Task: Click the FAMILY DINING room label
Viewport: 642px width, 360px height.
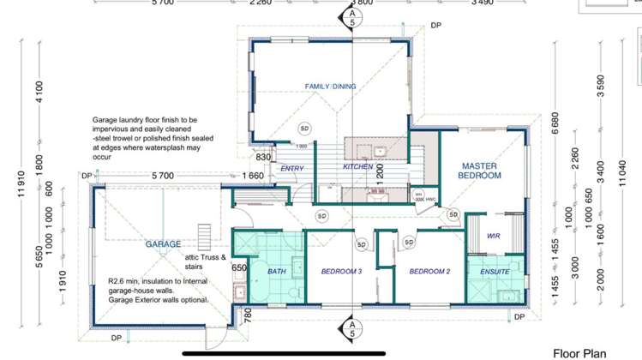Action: [x=330, y=87]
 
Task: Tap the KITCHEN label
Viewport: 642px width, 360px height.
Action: [x=357, y=166]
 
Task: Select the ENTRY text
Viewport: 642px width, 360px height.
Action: [x=292, y=169]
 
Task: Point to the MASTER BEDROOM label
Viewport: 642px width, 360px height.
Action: [x=480, y=171]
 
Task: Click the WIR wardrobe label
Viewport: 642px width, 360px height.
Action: [x=493, y=235]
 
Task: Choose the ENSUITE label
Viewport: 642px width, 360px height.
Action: [x=495, y=272]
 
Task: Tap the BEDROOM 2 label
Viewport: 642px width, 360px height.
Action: [x=429, y=272]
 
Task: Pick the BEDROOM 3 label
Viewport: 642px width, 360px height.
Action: [x=342, y=272]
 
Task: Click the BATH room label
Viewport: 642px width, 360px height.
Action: [x=276, y=272]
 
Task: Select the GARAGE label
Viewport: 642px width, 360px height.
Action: [x=163, y=244]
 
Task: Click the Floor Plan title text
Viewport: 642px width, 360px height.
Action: [x=579, y=353]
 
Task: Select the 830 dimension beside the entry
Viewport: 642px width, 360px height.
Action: [x=262, y=157]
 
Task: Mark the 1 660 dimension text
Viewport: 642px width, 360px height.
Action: [x=252, y=176]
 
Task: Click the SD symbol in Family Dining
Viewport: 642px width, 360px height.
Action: [x=304, y=128]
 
